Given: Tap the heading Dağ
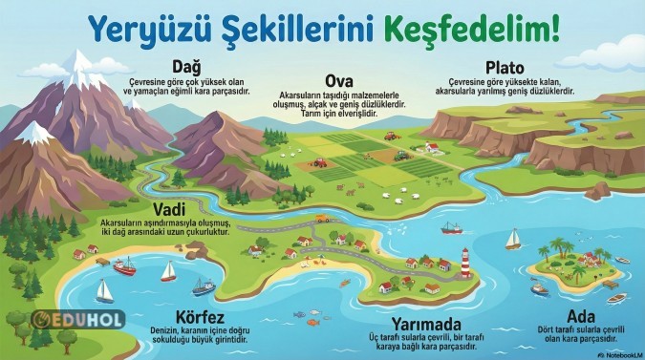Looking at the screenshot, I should (x=186, y=65).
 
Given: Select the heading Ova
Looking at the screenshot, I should (x=340, y=80).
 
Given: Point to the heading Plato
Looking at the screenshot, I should (x=503, y=67).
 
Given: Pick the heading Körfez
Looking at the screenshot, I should (x=200, y=317).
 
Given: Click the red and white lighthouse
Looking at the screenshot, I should (x=465, y=263).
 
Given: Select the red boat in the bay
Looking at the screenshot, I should (x=125, y=268).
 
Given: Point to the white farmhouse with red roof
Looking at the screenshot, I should (x=433, y=148).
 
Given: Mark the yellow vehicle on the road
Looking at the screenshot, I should (x=323, y=219).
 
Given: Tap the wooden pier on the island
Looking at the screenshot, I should (x=608, y=283).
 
